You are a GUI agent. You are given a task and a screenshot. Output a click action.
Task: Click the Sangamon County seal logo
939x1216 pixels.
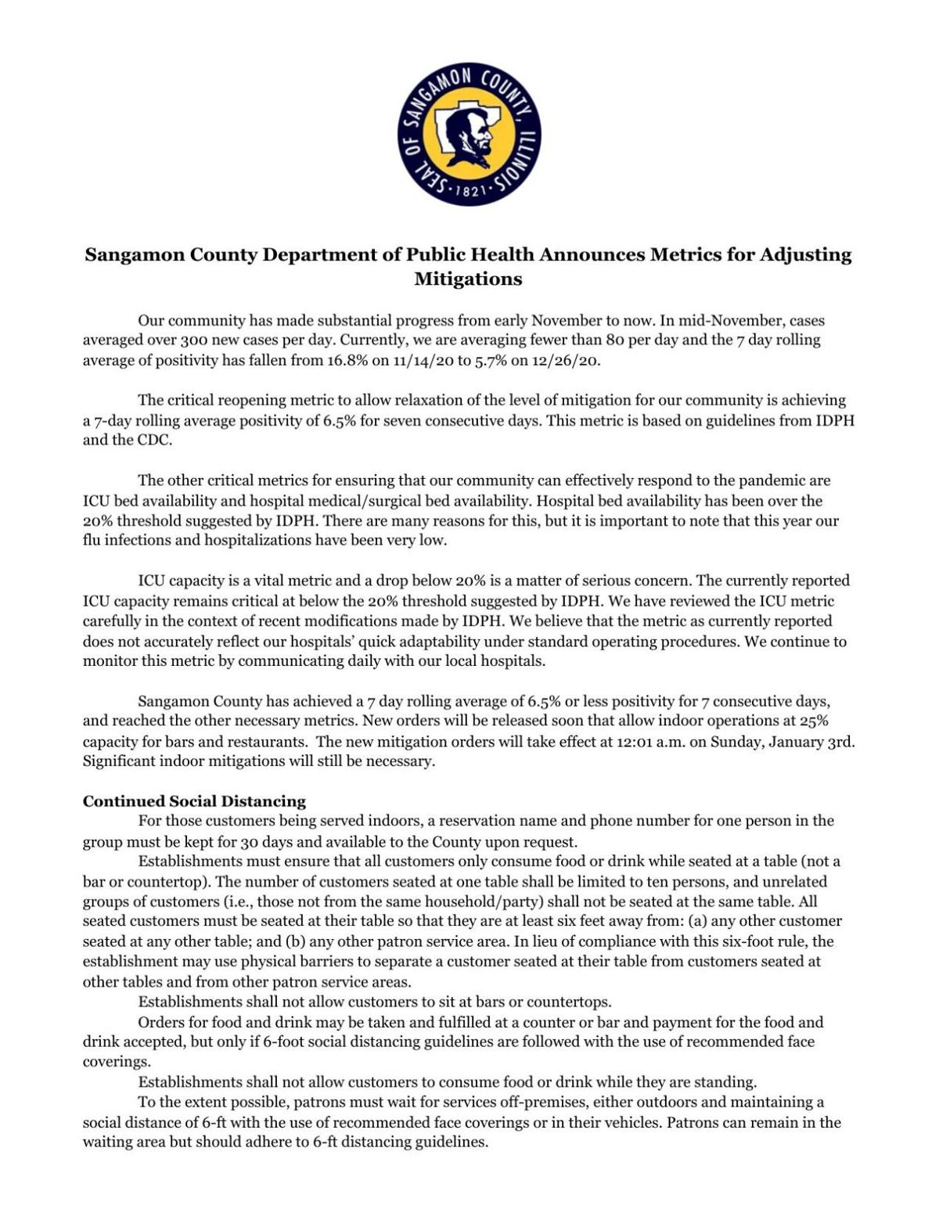tap(469, 135)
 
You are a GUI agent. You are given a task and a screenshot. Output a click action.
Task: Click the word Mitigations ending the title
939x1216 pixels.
tap(468, 279)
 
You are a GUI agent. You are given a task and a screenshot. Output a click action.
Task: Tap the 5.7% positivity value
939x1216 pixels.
tap(491, 361)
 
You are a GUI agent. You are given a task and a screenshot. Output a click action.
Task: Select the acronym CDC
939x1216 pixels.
tap(156, 441)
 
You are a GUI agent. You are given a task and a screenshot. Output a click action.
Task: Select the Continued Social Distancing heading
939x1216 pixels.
tap(194, 801)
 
